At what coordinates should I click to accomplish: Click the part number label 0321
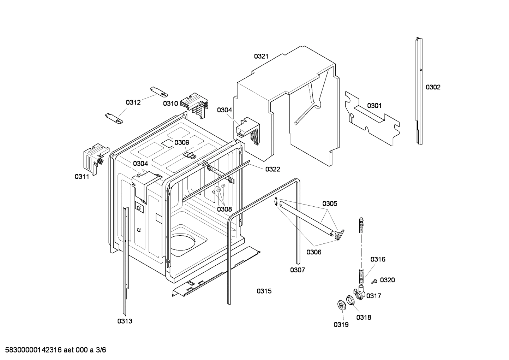(261, 56)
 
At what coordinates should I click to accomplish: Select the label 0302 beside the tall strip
(433, 87)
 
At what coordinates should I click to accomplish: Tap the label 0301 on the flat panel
(374, 106)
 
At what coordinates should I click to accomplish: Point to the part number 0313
(125, 321)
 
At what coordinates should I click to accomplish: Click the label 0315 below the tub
(264, 291)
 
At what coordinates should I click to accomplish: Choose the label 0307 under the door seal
(298, 270)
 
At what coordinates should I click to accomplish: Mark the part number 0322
(273, 169)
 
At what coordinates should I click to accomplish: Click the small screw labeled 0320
(375, 281)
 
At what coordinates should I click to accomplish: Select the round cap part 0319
(341, 305)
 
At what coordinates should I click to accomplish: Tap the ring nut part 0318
(350, 300)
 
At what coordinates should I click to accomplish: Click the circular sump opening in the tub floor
(182, 243)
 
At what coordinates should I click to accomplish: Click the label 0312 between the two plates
(133, 102)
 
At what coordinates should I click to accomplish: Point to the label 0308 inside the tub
(224, 209)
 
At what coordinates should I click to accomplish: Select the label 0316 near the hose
(378, 259)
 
